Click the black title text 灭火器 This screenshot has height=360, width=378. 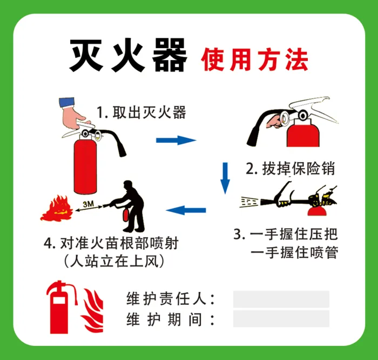[x=129, y=56]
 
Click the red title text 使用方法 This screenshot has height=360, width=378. [x=254, y=59]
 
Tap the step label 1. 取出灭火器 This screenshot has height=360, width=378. [x=141, y=112]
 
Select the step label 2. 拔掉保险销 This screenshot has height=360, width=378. [x=291, y=168]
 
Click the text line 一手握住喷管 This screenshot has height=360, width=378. [x=294, y=252]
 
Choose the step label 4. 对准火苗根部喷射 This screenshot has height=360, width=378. [x=111, y=243]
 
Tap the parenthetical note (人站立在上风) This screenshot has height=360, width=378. [x=114, y=261]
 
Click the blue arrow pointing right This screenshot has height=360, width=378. [x=176, y=140]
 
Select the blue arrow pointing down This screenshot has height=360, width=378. [x=225, y=178]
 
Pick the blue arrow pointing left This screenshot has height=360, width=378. [x=186, y=210]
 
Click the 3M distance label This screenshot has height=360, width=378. [x=88, y=204]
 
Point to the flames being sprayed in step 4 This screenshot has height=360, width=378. [x=57, y=209]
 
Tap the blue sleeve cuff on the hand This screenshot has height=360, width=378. [x=66, y=102]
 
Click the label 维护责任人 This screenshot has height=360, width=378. [x=171, y=299]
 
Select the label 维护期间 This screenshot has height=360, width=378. [x=171, y=319]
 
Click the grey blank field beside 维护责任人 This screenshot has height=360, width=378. [x=281, y=299]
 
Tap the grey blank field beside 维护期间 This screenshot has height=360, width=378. [x=281, y=319]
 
